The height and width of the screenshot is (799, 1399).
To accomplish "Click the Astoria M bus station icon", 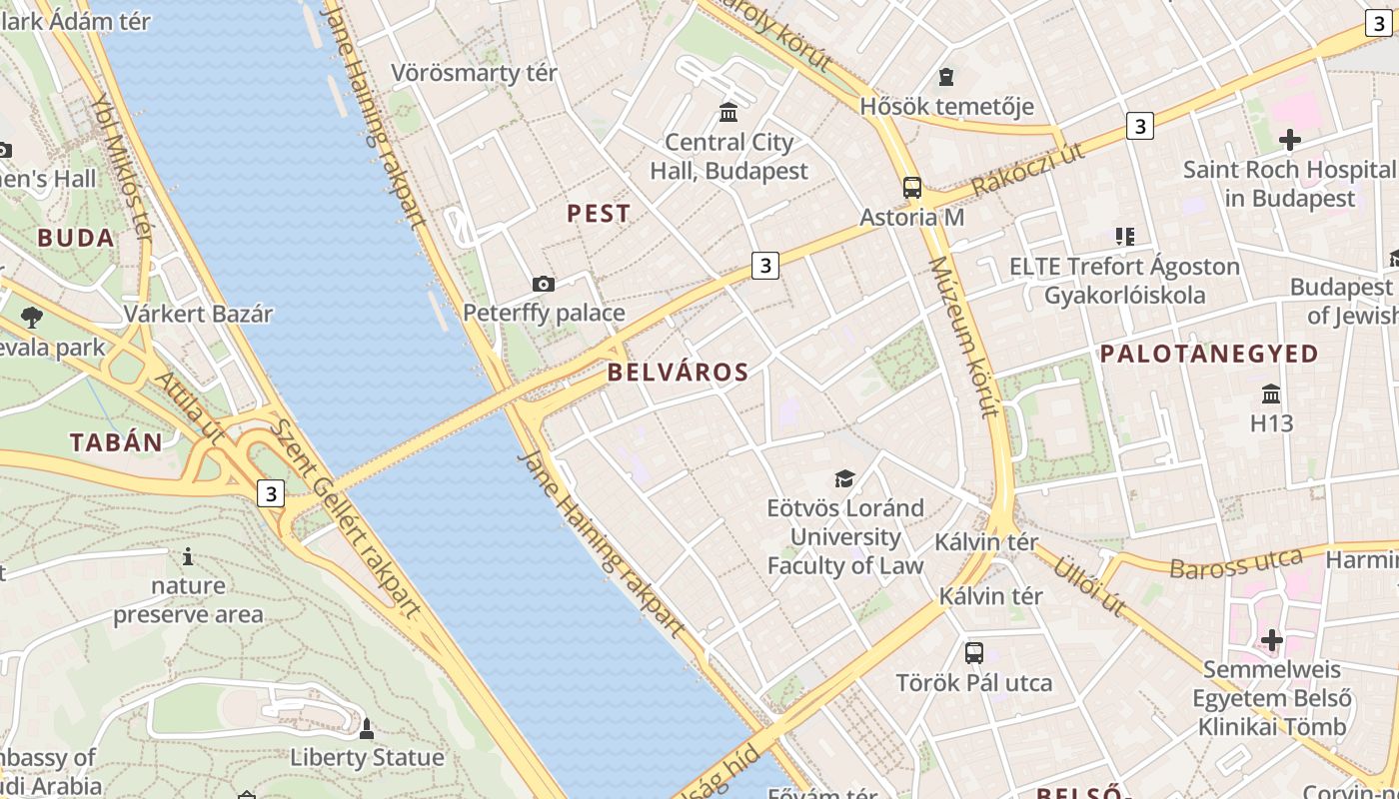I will [x=911, y=187].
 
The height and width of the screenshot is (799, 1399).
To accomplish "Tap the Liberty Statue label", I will [x=367, y=757].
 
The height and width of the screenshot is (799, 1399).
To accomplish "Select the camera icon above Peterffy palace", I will [x=544, y=285].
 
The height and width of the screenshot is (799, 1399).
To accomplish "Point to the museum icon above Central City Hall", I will [x=728, y=111].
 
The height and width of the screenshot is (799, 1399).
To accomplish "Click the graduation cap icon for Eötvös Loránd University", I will [x=845, y=479].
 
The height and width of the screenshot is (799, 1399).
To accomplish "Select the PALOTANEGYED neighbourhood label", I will [x=1209, y=354].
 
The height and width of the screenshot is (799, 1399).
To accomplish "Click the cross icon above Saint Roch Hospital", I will [x=1289, y=140].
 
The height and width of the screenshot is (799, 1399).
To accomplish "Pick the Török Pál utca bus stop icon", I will [x=973, y=653].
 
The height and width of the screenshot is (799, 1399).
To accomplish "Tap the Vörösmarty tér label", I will [x=474, y=73].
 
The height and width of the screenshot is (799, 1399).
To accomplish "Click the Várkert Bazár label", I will [x=198, y=314].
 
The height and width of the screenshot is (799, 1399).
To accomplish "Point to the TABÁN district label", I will [x=116, y=443].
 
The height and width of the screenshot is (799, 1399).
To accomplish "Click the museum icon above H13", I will [x=1271, y=394].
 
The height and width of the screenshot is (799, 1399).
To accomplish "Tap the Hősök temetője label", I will [x=946, y=106].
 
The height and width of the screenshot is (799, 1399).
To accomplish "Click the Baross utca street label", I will [x=1235, y=565].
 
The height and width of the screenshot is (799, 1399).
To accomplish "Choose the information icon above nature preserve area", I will [x=187, y=556].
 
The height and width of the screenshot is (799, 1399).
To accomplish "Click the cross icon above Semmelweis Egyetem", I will [x=1271, y=639].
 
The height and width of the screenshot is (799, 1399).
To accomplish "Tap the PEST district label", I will [x=599, y=213].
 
